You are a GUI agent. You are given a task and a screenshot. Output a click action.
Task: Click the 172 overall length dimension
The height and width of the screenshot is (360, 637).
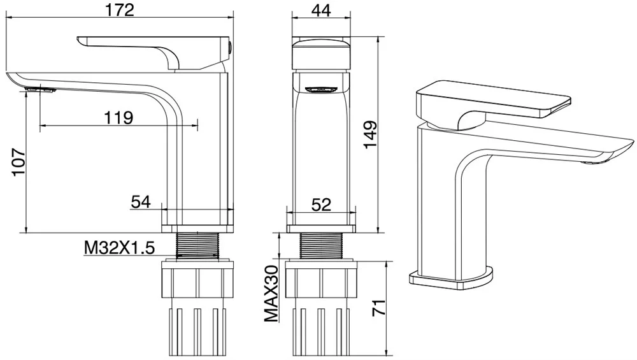coord(120,10)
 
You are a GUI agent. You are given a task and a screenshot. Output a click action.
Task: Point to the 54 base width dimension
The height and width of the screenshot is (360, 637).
coord(141,202)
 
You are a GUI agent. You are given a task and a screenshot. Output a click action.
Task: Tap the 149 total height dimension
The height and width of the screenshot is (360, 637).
coord(371,136)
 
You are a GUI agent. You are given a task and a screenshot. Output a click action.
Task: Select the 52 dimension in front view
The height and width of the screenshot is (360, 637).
coord(322,204)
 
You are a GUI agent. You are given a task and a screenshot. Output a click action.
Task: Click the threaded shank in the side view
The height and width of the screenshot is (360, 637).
coord(197,245)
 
